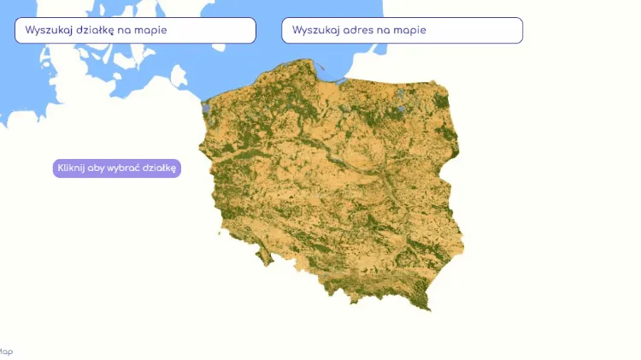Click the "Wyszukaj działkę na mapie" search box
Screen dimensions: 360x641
pos(135,30)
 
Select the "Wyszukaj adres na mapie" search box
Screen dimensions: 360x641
pos(402,30)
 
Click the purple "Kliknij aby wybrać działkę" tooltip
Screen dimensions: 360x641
pos(117,168)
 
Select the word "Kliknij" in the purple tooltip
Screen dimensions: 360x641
pos(71,168)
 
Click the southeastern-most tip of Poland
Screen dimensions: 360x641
pos(430,308)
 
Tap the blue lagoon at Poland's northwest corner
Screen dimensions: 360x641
pos(205,108)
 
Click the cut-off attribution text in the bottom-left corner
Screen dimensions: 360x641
pos(6,351)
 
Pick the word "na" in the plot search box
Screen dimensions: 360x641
pos(127,30)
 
